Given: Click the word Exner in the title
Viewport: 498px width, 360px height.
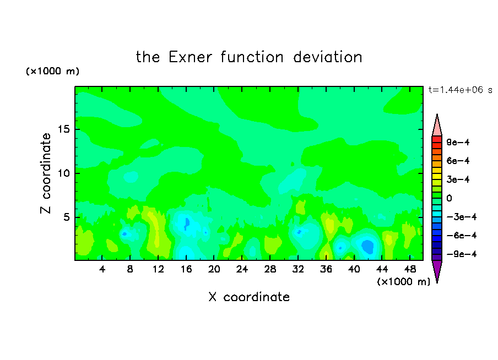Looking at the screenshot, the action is [190, 57].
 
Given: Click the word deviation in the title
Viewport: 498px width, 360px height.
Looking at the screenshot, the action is [327, 57].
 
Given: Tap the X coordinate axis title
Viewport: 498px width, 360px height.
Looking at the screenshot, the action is [249, 297].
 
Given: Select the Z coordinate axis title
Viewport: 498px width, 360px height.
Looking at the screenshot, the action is [45, 173].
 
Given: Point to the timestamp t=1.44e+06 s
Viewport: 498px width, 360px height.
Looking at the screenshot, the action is [460, 90].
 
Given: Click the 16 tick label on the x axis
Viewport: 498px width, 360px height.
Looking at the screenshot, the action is [186, 269].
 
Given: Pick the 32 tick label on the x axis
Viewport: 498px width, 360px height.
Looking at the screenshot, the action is [298, 269].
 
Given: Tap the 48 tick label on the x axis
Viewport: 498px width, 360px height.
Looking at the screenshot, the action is [410, 269].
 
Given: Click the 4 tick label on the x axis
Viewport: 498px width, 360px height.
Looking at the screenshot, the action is [102, 269].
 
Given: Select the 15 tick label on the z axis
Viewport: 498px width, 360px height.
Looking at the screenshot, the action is [63, 129].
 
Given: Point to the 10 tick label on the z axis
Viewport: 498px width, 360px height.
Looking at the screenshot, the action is [63, 173].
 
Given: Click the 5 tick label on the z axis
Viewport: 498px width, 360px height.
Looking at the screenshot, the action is [66, 217].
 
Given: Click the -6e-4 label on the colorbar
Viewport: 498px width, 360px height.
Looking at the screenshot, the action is [462, 236].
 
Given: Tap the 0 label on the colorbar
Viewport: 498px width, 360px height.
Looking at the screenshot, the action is [449, 198].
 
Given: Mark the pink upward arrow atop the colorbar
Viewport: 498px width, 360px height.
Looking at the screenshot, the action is [437, 125].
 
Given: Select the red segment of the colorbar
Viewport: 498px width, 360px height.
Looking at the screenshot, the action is [437, 139].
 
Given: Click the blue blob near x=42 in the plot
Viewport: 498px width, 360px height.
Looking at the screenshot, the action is [368, 247].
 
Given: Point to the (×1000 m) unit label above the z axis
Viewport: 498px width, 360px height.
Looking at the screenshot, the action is [52, 71].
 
